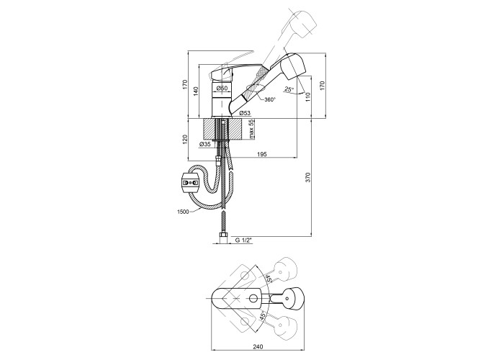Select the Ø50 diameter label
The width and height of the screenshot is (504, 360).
[x=222, y=88]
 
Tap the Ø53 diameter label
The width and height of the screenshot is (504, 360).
[x=245, y=113]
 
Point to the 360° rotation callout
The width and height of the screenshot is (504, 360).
[x=270, y=99]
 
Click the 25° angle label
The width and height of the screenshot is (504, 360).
[x=289, y=89]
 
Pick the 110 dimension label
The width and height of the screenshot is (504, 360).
[x=307, y=97]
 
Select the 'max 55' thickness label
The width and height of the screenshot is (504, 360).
[x=252, y=129]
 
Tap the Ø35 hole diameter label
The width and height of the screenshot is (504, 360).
[x=205, y=144]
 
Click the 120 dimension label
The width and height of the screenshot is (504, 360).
[x=184, y=140]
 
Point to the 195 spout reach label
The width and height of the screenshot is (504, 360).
[x=262, y=155]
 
